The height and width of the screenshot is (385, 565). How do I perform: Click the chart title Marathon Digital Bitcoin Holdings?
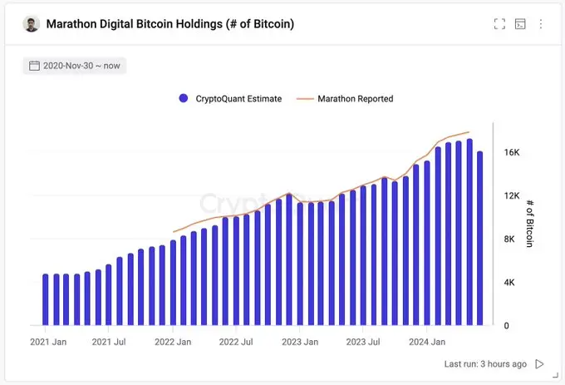(x=169, y=24)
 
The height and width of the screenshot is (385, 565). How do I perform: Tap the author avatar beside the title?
(x=31, y=24)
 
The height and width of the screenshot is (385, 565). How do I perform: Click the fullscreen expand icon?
(x=499, y=24)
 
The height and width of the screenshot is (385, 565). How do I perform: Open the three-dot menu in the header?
(x=541, y=24)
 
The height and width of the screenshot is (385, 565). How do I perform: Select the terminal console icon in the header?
(x=520, y=24)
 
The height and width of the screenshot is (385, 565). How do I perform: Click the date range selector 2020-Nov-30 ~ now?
(x=75, y=66)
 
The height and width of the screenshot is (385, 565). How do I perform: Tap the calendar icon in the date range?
(x=35, y=66)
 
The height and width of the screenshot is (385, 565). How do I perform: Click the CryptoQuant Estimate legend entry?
(x=230, y=98)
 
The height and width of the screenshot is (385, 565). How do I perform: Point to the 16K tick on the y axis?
(x=512, y=153)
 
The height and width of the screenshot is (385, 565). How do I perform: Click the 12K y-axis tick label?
(x=512, y=196)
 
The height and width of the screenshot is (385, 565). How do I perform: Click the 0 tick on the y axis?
(x=507, y=326)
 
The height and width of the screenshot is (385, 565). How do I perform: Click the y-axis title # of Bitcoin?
(x=533, y=223)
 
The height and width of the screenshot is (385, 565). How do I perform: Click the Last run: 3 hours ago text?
(x=485, y=364)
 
